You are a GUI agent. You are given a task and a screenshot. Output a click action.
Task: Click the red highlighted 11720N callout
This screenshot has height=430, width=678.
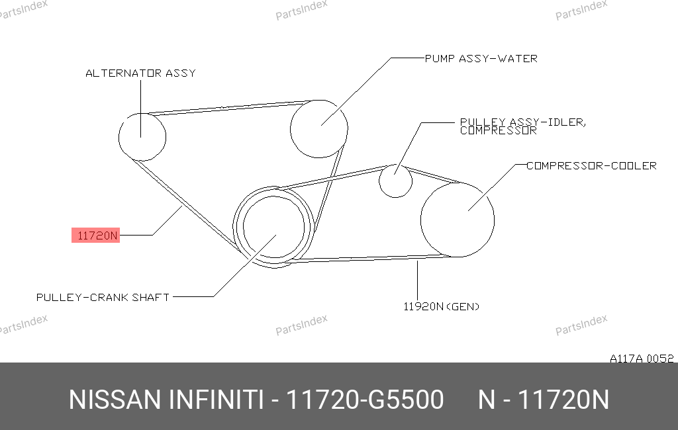click(x=95, y=236)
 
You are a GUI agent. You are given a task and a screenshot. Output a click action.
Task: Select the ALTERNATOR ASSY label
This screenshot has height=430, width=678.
click(x=140, y=73)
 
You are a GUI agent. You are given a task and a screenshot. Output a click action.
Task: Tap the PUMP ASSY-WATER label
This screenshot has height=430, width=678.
click(x=481, y=58)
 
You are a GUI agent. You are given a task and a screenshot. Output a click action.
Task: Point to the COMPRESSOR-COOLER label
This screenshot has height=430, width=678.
click(x=591, y=165)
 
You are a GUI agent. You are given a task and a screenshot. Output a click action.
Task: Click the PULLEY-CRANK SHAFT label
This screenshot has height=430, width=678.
click(x=103, y=297)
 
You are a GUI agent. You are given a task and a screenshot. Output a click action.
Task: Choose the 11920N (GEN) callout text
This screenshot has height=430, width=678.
click(x=441, y=306)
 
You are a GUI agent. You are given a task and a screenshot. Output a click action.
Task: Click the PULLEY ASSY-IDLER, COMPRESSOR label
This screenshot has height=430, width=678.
click(x=523, y=126)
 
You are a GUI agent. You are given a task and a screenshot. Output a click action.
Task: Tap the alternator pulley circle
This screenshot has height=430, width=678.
click(x=119, y=137)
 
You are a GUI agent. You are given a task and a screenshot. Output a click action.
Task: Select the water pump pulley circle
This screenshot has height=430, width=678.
click(x=290, y=129)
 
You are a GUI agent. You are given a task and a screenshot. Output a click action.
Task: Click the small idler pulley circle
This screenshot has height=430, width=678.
click(x=379, y=181)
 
